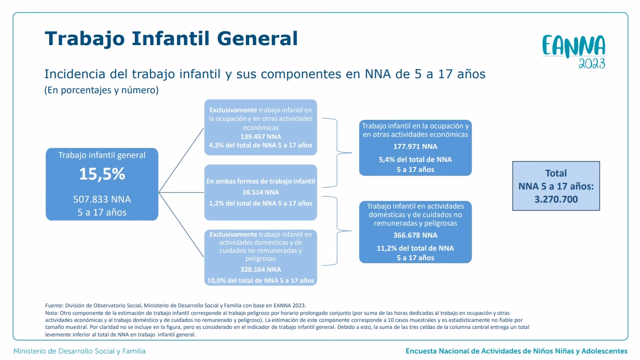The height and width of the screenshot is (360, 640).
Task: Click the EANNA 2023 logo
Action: click(574, 52)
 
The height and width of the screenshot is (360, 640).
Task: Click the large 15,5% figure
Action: click(102, 174)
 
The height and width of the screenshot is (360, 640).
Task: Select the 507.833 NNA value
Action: click(102, 199)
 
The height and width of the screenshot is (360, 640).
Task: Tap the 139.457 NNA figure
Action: click(261, 136)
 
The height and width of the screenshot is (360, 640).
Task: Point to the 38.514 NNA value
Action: click(261, 193)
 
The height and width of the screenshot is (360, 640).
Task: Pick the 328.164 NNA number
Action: click(261, 269)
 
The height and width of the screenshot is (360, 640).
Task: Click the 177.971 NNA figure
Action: click(415, 146)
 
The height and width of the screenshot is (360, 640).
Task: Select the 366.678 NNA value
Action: click(415, 235)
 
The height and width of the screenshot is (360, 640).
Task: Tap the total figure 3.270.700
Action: click(556, 199)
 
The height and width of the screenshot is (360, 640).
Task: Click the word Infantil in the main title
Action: click(171, 38)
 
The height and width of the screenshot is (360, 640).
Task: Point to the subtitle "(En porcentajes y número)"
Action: click(101, 90)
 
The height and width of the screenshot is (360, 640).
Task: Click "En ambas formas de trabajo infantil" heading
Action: click(261, 181)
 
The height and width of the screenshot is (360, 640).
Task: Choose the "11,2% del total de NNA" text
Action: click(415, 248)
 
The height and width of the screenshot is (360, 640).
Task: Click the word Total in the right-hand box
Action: click(556, 173)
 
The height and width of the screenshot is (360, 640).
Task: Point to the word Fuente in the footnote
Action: click(54, 305)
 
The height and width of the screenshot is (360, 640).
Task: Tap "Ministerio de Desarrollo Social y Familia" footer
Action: click(79, 351)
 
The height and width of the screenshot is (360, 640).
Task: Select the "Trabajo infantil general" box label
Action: click(102, 155)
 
